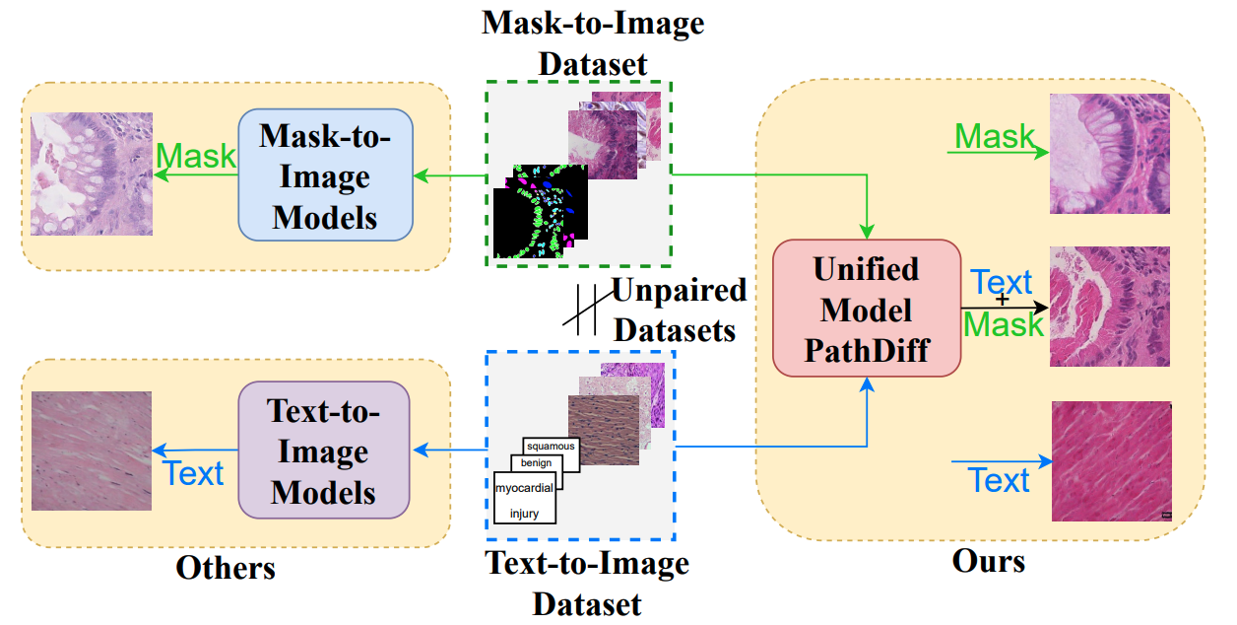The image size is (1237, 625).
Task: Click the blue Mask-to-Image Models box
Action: coord(325,176)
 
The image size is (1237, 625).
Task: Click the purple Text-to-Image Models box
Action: coord(323,450)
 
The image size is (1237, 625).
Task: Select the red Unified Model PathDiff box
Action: coord(867,310)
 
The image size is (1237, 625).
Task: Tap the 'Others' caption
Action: coord(226,568)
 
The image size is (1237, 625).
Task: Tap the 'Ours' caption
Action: coord(988,562)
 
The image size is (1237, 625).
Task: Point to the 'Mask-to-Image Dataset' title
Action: coord(593,42)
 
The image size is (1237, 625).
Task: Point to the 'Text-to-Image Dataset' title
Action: coord(587,583)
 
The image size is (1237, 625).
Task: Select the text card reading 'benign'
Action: coord(537,462)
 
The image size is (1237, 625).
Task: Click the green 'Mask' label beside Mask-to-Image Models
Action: coord(197,156)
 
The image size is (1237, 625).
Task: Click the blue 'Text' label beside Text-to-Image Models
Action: coord(194,473)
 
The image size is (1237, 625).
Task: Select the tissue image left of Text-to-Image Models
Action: coord(92,451)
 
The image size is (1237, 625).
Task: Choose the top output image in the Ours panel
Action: coord(1110,154)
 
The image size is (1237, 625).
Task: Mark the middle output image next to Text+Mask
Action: coord(1110,307)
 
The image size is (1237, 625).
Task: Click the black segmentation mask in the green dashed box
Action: coord(540,212)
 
